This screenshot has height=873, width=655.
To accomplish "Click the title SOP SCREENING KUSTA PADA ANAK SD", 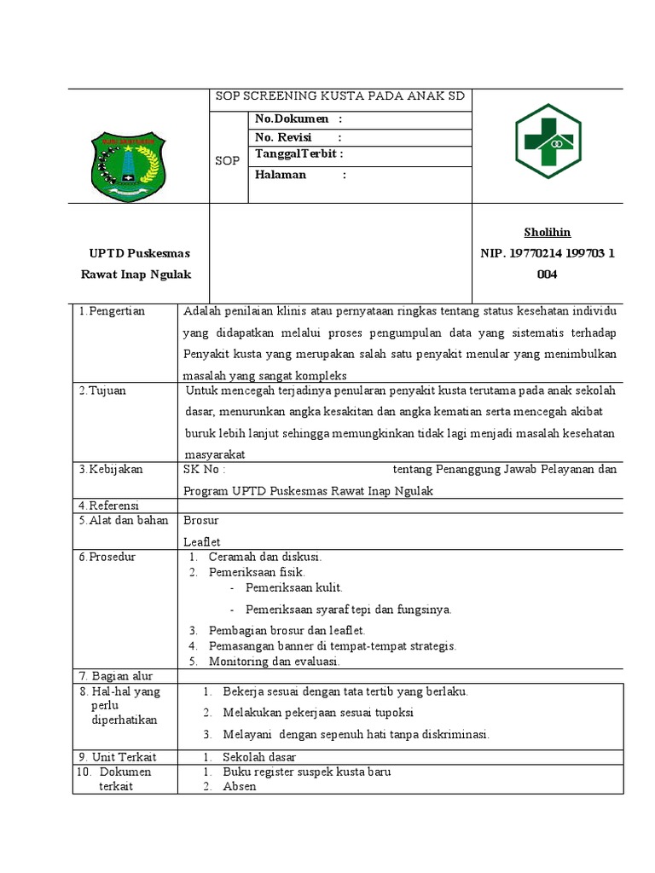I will pos(339,96).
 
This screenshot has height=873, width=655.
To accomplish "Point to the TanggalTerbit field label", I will pos(299,154).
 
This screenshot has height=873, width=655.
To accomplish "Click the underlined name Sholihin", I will pos(547,233).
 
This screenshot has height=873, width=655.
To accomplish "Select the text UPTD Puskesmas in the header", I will pos(139,253).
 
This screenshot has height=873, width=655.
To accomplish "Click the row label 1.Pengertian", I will pos(112,311).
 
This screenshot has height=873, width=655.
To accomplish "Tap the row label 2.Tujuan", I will pos(102,390).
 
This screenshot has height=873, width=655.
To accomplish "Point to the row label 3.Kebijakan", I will pos(111,469).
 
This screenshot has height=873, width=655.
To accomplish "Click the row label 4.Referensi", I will pos(108,506).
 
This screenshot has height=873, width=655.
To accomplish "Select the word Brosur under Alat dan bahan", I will pos(201,520).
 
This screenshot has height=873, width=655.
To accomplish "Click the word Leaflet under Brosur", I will pos(202,541).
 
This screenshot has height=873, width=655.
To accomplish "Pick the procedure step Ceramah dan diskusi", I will pos(264,557).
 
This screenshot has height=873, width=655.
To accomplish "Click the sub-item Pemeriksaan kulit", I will pos(293,588).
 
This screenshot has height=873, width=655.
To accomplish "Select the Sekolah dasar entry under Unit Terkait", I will pos(259,757).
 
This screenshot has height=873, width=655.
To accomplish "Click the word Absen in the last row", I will pos(240,786).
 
